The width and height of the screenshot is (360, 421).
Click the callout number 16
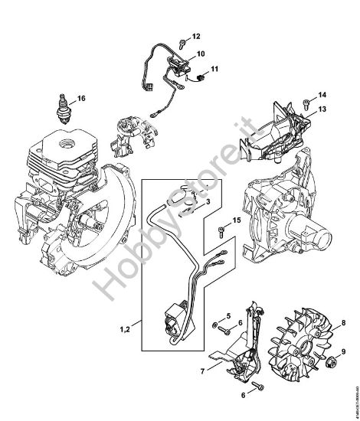coord(81,98)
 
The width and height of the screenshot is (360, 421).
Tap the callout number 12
coord(195,37)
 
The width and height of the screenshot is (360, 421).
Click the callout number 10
coord(201,54)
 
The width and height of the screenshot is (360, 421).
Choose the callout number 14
coord(322,95)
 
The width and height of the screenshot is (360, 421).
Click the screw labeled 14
coord(307,99)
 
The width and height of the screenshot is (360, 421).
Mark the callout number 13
coord(322,110)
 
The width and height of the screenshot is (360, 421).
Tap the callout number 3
coord(208,201)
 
